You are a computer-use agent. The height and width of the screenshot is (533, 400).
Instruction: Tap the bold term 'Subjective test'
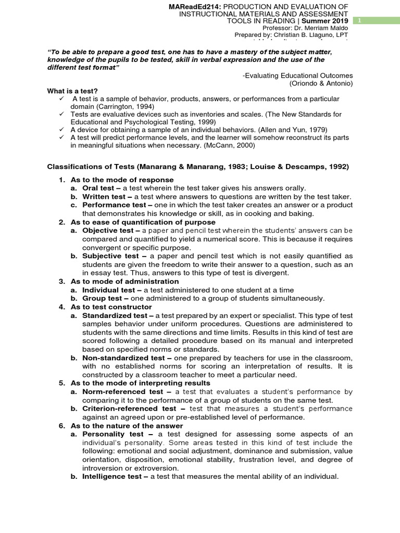click(x=110, y=256)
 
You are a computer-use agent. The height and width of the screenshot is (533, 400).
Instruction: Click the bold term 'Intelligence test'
click(x=111, y=476)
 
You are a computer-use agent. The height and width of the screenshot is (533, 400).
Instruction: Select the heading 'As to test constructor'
click(x=111, y=307)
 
